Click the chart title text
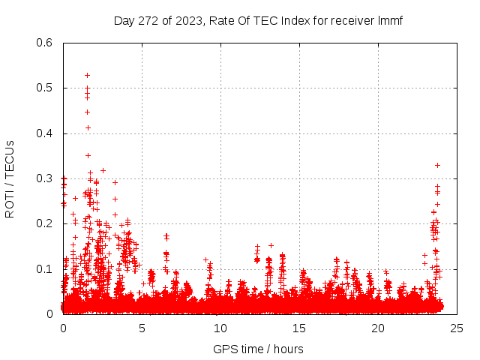pyautogui.click(x=258, y=21)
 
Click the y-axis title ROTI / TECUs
pyautogui.click(x=10, y=179)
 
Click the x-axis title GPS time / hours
pyautogui.click(x=258, y=349)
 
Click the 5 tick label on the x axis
pyautogui.click(x=142, y=328)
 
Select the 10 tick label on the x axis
pyautogui.click(x=220, y=328)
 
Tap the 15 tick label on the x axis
pyautogui.click(x=299, y=328)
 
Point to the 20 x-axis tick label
pyautogui.click(x=378, y=328)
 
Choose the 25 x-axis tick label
pyautogui.click(x=457, y=328)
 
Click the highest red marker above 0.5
pyautogui.click(x=87, y=75)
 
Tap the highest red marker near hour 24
pyautogui.click(x=437, y=165)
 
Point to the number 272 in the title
pyautogui.click(x=145, y=21)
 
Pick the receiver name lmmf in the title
pyautogui.click(x=390, y=21)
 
